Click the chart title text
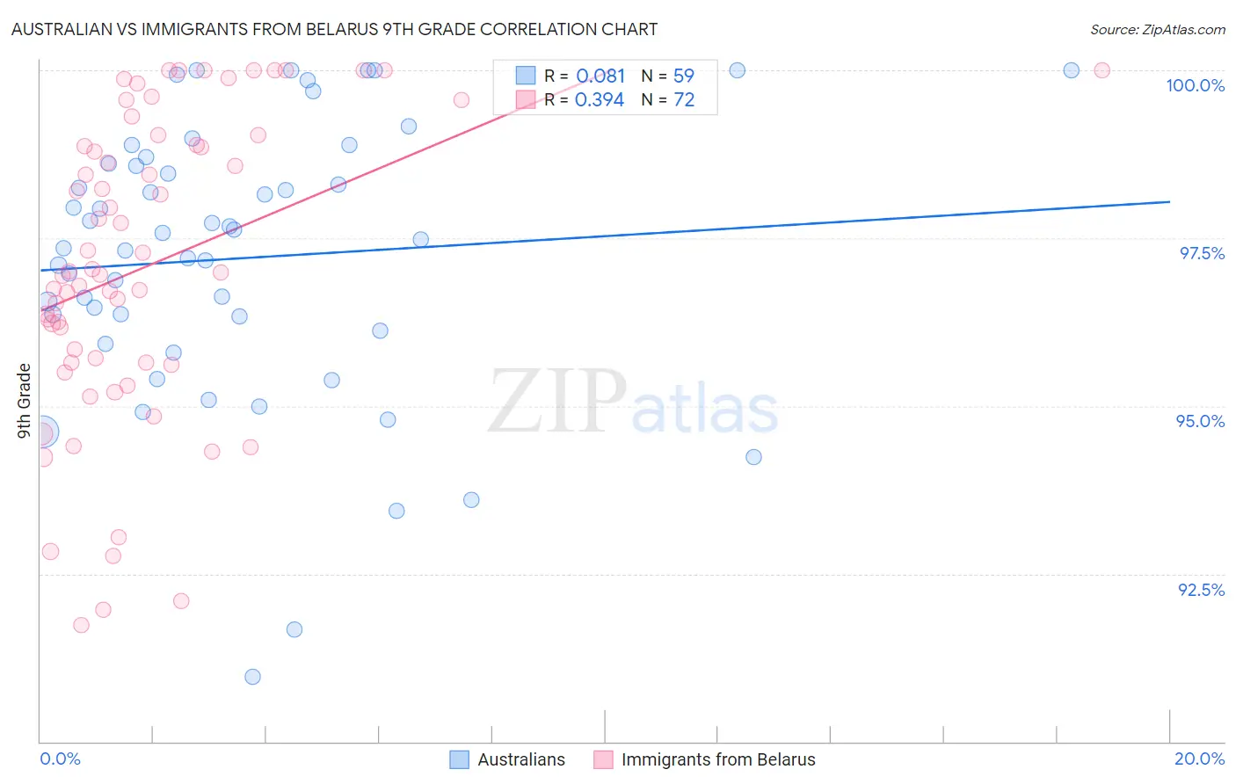(x=334, y=29)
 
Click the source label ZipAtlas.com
(x=1157, y=29)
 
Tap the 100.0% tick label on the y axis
(x=1195, y=85)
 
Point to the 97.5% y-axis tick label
(x=1201, y=253)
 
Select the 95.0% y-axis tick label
(x=1200, y=421)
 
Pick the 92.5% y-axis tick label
(x=1201, y=590)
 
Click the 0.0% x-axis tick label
(x=60, y=759)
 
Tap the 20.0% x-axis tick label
(x=1199, y=759)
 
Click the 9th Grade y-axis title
(x=25, y=401)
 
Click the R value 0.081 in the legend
(x=600, y=76)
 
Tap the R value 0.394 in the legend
(x=600, y=100)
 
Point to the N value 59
(x=683, y=76)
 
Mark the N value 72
(x=683, y=100)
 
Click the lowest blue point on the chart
(x=252, y=677)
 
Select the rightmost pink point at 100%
(x=1101, y=70)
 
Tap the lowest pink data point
(x=81, y=625)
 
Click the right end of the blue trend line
(x=1169, y=201)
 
